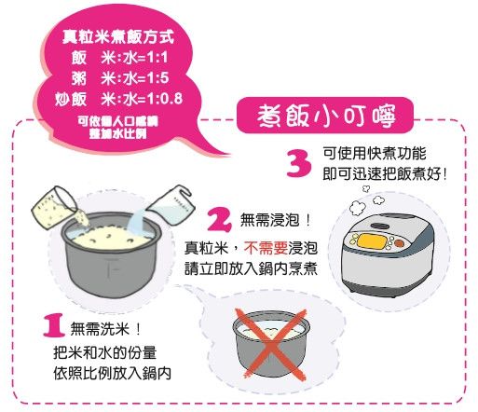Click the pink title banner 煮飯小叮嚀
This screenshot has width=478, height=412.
(325, 116)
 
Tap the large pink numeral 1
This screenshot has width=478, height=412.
(54, 325)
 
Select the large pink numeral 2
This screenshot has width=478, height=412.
(220, 219)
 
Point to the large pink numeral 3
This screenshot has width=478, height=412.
(299, 163)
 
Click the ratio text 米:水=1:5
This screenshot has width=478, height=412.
(134, 77)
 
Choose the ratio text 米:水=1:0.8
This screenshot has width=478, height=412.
(142, 99)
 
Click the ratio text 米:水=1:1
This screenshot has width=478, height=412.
(134, 57)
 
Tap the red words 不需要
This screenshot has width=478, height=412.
(266, 248)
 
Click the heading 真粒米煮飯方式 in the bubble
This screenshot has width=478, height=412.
(118, 36)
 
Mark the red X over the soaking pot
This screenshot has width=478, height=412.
(271, 344)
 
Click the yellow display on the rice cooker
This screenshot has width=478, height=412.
(372, 240)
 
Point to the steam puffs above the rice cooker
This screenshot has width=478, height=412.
(366, 200)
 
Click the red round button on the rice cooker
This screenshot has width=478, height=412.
(399, 242)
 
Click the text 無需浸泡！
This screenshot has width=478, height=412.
(276, 220)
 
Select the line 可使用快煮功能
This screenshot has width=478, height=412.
(375, 153)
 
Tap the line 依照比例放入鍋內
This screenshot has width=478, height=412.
(113, 373)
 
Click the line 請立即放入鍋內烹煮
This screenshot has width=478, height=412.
(251, 268)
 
